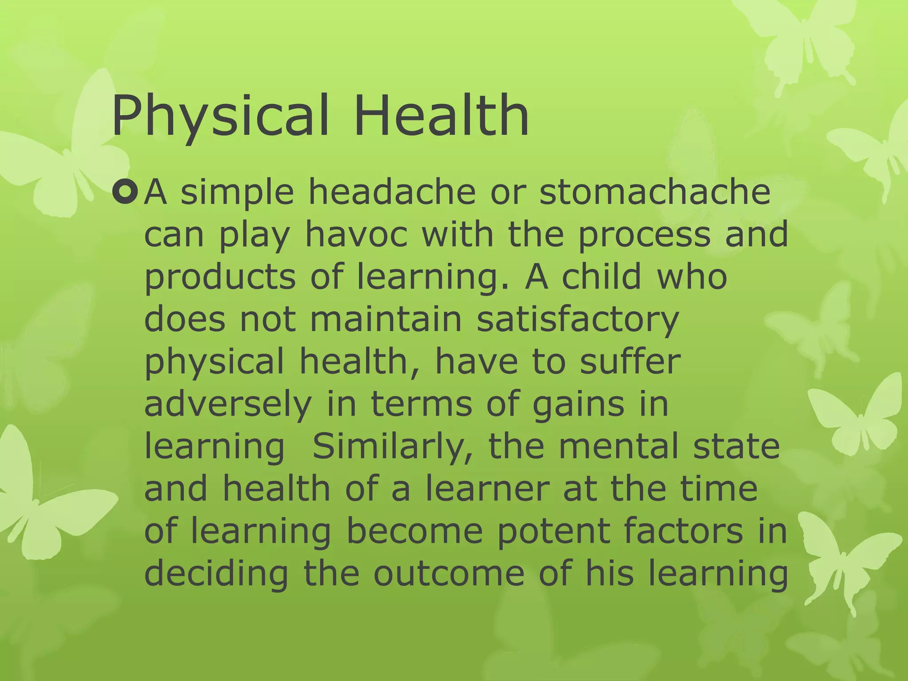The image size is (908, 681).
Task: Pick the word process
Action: [x=645, y=235]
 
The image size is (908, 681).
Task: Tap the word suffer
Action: [x=630, y=361]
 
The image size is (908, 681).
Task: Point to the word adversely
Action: [x=228, y=405]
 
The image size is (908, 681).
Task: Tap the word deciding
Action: [x=216, y=574]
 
